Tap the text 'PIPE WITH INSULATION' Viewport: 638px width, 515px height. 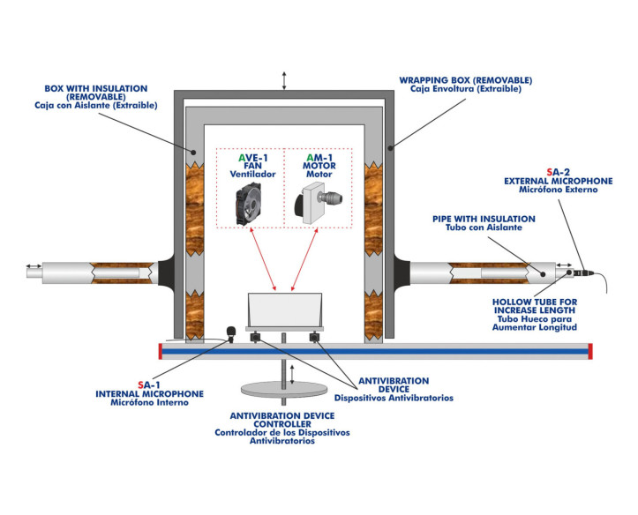pyautogui.click(x=484, y=218)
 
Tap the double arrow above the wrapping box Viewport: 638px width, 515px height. pyautogui.click(x=283, y=79)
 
